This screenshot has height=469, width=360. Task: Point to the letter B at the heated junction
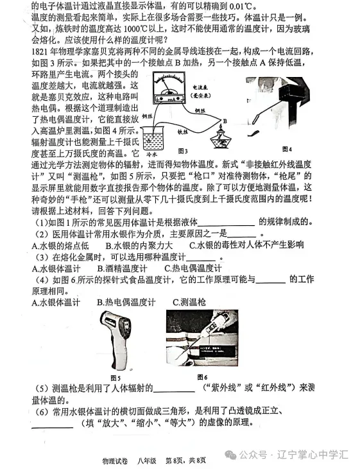[x=225, y=119]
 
